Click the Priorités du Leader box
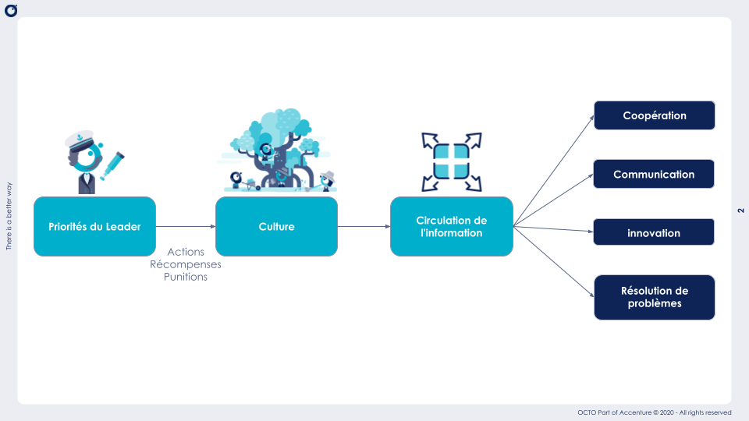tap(94, 226)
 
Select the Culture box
tap(276, 226)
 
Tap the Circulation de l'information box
tap(451, 226)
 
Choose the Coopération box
tap(654, 115)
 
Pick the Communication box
tap(654, 174)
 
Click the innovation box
tap(654, 232)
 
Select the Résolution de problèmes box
tap(654, 297)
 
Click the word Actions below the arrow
tap(186, 252)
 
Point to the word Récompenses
tap(186, 264)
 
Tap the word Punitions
tap(186, 277)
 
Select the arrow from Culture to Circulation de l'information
tap(364, 226)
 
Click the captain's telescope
tap(115, 161)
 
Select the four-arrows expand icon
tap(451, 161)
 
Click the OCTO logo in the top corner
tap(10, 10)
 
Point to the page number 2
tap(740, 210)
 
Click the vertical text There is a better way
tap(9, 216)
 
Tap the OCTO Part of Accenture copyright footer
tap(654, 412)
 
